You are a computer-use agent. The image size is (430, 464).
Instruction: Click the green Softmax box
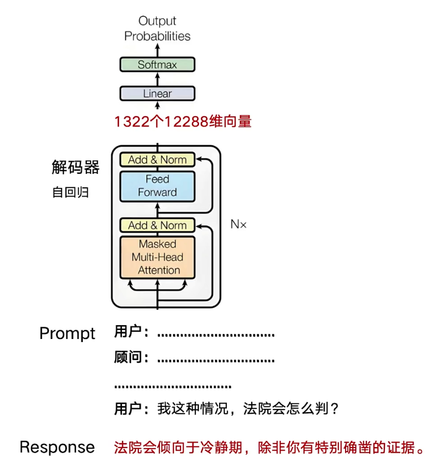pos(157,65)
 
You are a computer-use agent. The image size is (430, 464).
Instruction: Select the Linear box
pos(157,94)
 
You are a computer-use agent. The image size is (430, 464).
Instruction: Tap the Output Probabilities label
pos(157,28)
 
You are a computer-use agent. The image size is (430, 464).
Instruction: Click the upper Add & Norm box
pos(157,159)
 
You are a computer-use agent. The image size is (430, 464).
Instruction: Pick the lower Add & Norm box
pos(157,225)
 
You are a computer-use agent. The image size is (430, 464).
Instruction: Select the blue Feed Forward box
pos(157,186)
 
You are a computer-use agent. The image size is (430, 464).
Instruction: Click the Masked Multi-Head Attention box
pos(157,257)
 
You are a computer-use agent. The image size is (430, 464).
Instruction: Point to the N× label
pos(238,224)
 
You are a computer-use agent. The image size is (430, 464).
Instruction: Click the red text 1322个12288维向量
pos(183,122)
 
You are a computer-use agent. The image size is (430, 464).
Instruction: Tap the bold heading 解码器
pos(76,167)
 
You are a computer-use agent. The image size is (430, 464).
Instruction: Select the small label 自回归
pos(70,192)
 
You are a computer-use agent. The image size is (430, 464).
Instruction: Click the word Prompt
pos(67,333)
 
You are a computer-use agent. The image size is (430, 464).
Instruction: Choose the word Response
pos(57,447)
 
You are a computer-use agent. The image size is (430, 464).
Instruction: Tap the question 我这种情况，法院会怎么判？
pos(248,409)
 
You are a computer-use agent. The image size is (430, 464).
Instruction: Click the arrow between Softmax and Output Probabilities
pos(157,49)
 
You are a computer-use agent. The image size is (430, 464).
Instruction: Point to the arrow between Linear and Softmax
pos(157,79)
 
